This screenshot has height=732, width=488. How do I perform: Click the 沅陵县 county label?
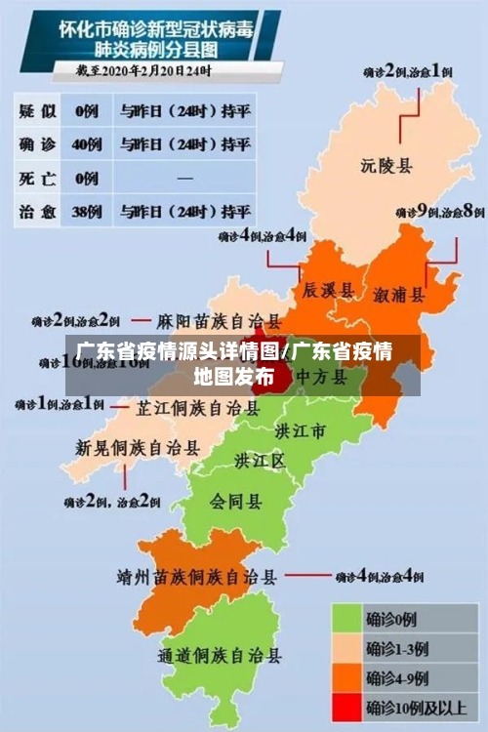386,166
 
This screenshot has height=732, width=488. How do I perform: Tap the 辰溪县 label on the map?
326,291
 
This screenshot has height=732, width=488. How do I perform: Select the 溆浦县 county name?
399,294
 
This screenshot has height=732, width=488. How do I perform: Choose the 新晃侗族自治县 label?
138,448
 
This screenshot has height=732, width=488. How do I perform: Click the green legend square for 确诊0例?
346,618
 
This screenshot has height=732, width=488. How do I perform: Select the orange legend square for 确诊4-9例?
346,677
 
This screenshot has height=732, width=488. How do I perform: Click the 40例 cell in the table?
87,143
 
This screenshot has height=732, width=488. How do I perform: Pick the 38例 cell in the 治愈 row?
87,210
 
